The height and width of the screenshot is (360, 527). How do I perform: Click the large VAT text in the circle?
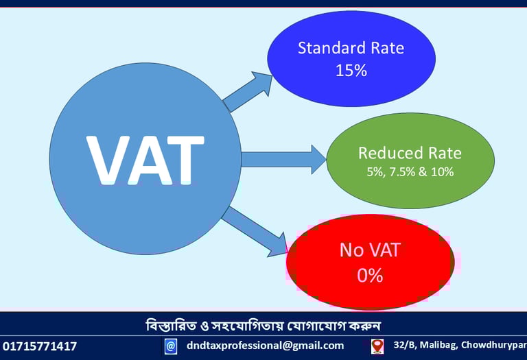[x=145, y=160]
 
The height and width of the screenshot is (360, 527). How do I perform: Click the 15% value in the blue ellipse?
[x=351, y=70]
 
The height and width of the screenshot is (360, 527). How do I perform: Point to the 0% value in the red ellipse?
[x=370, y=276]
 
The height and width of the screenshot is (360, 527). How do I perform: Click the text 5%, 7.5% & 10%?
[x=410, y=172]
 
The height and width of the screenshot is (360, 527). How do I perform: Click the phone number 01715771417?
[x=40, y=346]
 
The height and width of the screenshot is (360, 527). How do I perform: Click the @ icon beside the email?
[x=171, y=346]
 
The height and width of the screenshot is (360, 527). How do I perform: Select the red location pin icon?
[x=377, y=346]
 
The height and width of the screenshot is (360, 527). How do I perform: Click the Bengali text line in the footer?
[x=263, y=324]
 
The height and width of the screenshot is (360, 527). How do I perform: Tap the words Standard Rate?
[x=351, y=48]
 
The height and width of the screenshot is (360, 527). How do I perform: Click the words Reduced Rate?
[x=410, y=153]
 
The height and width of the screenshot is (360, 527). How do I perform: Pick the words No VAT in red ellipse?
[x=370, y=250]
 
